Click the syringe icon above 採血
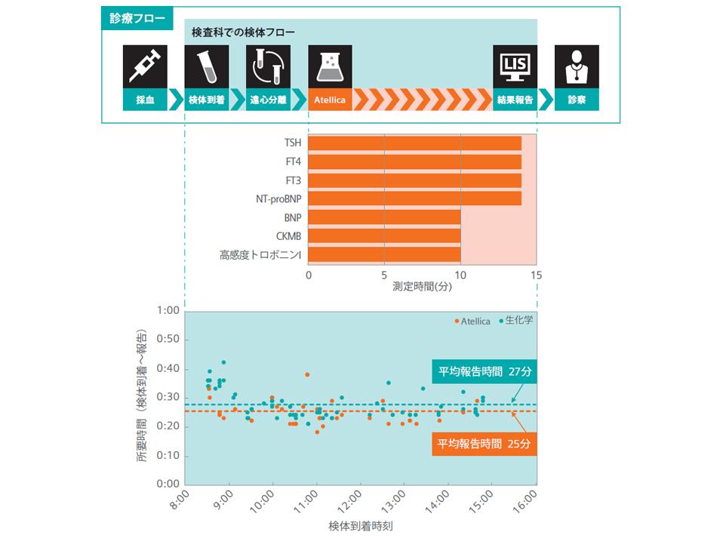click(145, 67)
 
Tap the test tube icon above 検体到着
click(207, 67)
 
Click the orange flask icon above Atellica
click(331, 67)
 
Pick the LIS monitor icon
click(515, 67)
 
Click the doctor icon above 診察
click(577, 67)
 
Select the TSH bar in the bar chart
click(414, 143)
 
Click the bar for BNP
click(384, 217)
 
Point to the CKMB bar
click(384, 235)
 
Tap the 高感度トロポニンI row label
click(260, 255)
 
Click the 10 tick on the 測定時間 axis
click(460, 275)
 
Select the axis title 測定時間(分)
click(422, 287)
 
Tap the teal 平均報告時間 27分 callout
click(483, 371)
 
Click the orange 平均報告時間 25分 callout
click(483, 444)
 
